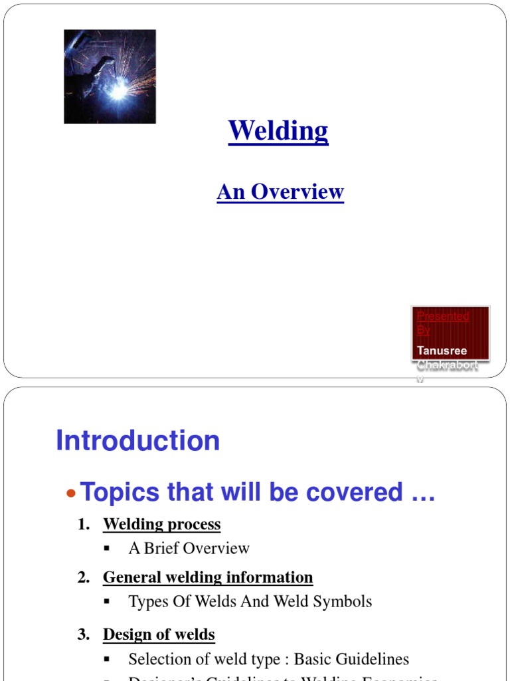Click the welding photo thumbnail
click(110, 76)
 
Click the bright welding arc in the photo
click(118, 92)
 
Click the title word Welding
click(278, 131)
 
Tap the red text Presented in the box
click(443, 316)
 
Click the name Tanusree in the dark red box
click(442, 350)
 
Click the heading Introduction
click(137, 440)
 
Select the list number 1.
click(83, 525)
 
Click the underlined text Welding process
click(161, 525)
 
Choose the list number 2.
click(83, 578)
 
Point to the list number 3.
click(83, 635)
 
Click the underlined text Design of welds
click(159, 635)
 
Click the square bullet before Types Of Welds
click(107, 602)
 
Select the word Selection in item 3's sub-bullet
click(157, 660)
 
